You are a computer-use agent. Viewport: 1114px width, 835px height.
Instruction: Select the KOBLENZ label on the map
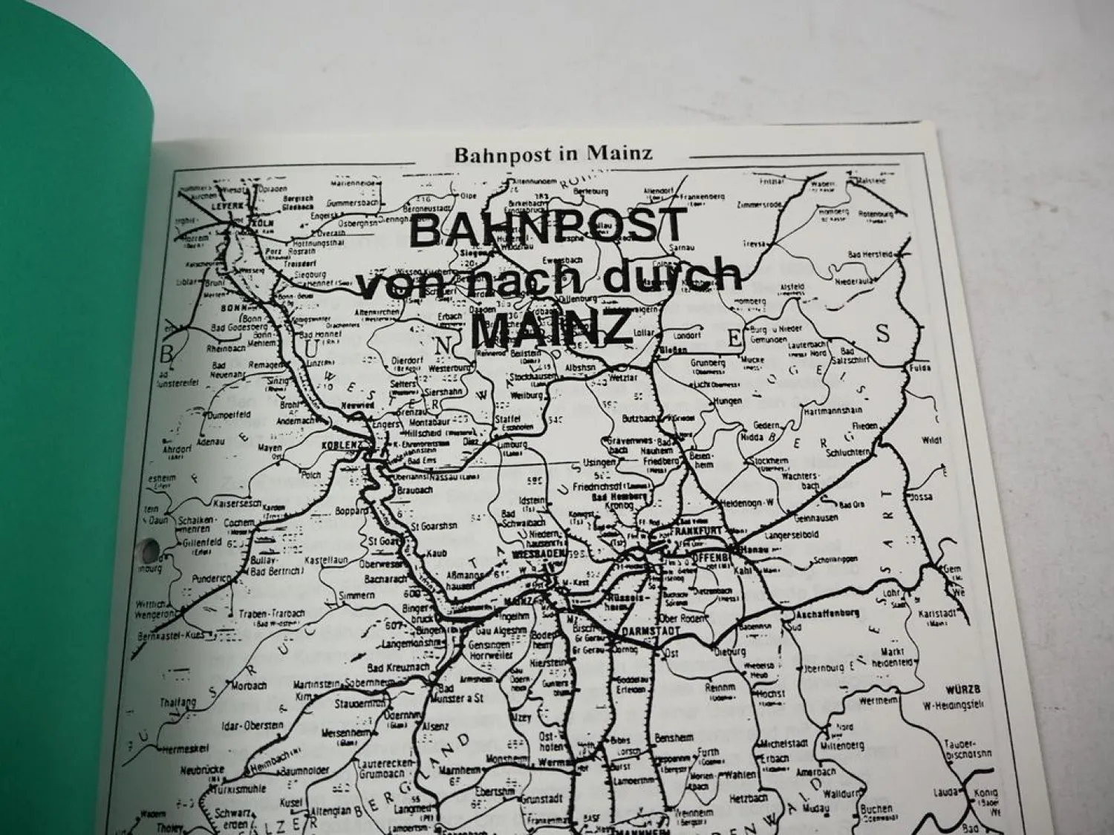tap(341, 445)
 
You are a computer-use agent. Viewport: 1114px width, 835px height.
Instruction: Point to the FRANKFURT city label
tap(696, 531)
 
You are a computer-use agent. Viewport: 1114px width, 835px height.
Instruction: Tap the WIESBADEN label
tap(559, 554)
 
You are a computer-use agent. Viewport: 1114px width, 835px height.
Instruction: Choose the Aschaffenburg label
tap(827, 613)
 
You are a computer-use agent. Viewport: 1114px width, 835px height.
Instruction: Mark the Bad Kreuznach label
tap(400, 667)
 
